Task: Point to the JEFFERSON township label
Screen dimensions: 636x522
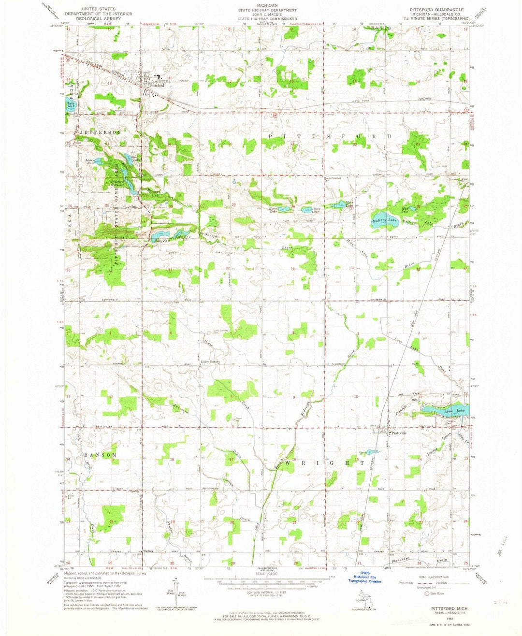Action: pyautogui.click(x=101, y=132)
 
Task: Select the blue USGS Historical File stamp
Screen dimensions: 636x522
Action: pyautogui.click(x=365, y=578)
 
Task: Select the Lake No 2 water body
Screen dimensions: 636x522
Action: pyautogui.click(x=72, y=102)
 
